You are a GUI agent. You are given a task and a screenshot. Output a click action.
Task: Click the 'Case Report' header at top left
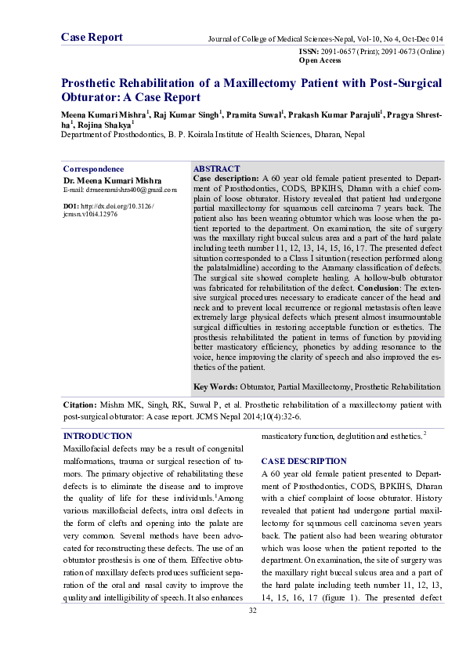point(92,37)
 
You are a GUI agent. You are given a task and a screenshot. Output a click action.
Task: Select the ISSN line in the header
point(371,50)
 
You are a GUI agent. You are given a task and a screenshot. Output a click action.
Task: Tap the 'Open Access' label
point(320,60)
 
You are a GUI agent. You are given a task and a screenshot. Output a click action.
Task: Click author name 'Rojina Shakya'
point(103,124)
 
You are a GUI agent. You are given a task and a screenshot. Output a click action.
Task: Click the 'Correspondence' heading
point(92,169)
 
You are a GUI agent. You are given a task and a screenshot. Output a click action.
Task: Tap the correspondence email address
point(119,190)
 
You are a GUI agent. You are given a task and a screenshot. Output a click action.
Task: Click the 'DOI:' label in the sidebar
point(70,205)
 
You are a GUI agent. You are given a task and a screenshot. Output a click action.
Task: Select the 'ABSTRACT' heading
point(216,169)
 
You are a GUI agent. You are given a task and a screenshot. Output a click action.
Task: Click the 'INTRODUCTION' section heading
point(97,435)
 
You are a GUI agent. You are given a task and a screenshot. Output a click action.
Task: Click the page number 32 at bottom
point(252,610)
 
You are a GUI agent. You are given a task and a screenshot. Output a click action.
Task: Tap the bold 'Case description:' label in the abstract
point(226,179)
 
